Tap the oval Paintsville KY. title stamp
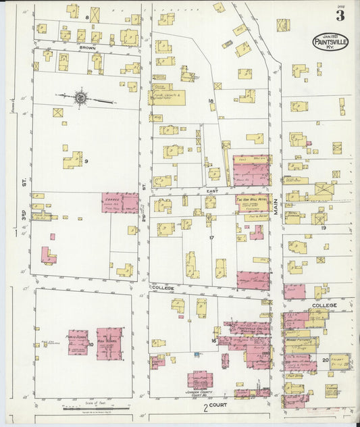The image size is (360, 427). point(330,42)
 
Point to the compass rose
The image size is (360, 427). point(80,99)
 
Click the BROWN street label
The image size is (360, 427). point(87,48)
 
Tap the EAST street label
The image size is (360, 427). point(211,191)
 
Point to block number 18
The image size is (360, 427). point(211,101)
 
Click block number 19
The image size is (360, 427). point(323,228)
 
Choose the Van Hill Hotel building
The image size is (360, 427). point(252,203)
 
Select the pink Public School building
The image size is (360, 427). point(78,342)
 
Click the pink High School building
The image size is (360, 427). point(109,343)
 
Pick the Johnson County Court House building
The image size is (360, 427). point(200,379)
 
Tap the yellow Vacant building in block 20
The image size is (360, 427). point(337,361)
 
